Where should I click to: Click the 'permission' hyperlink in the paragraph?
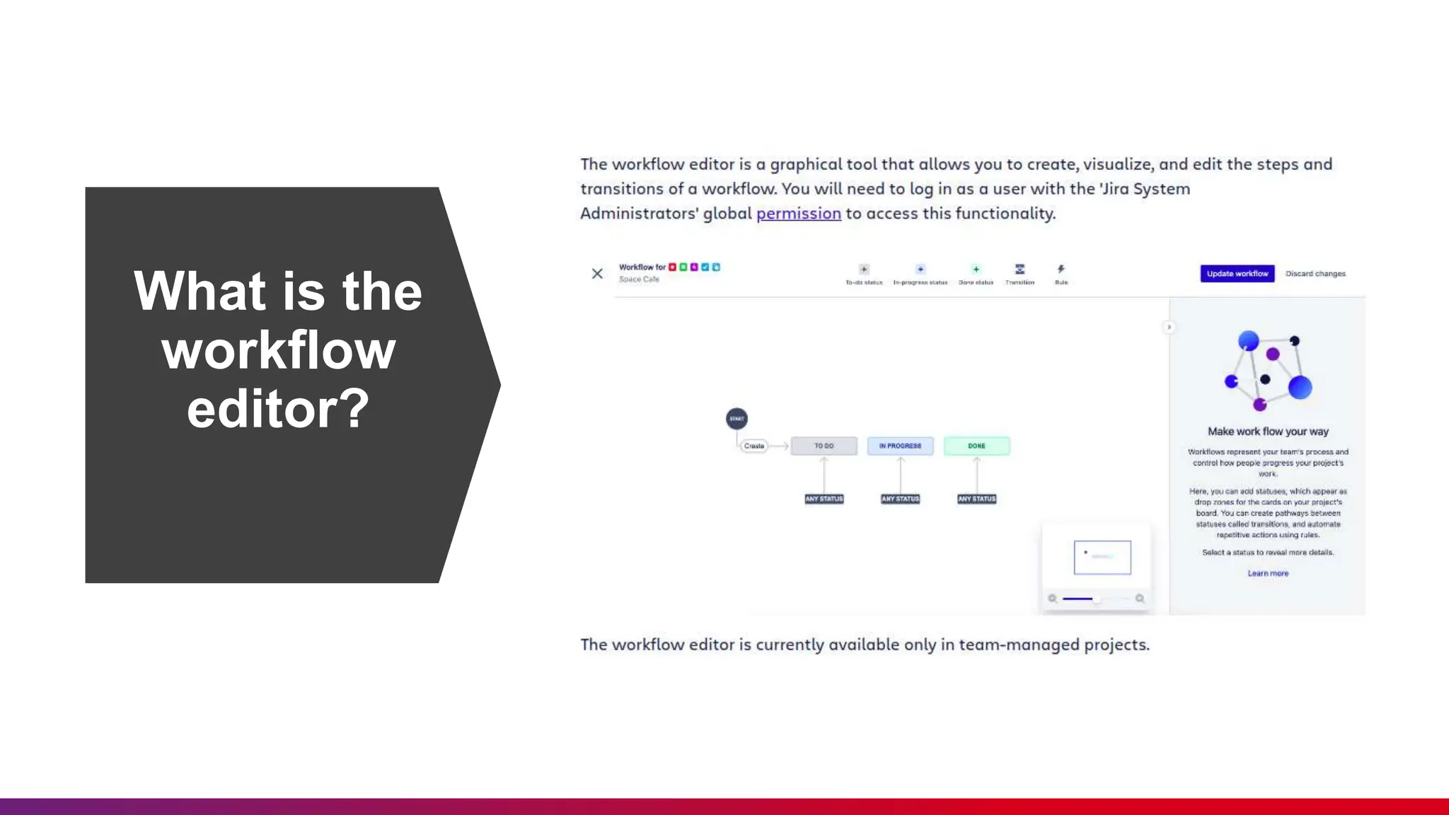click(798, 214)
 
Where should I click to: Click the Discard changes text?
click(1315, 274)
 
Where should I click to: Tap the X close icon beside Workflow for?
click(597, 274)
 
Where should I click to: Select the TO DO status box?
click(824, 446)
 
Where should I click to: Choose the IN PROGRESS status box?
click(900, 446)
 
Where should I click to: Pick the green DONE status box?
click(976, 446)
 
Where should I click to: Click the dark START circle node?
click(737, 419)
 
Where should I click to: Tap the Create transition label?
click(754, 446)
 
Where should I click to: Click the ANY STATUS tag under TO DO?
click(824, 499)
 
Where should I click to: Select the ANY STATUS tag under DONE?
click(976, 499)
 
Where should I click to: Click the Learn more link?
click(1268, 574)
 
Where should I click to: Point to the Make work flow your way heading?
click(1268, 432)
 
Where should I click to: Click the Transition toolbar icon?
click(1020, 270)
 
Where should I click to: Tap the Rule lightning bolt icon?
click(1061, 270)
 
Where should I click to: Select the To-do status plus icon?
click(864, 270)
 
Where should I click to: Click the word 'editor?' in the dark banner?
click(278, 408)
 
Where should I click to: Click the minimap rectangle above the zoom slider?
click(1102, 557)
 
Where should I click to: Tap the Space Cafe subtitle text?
click(639, 279)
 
